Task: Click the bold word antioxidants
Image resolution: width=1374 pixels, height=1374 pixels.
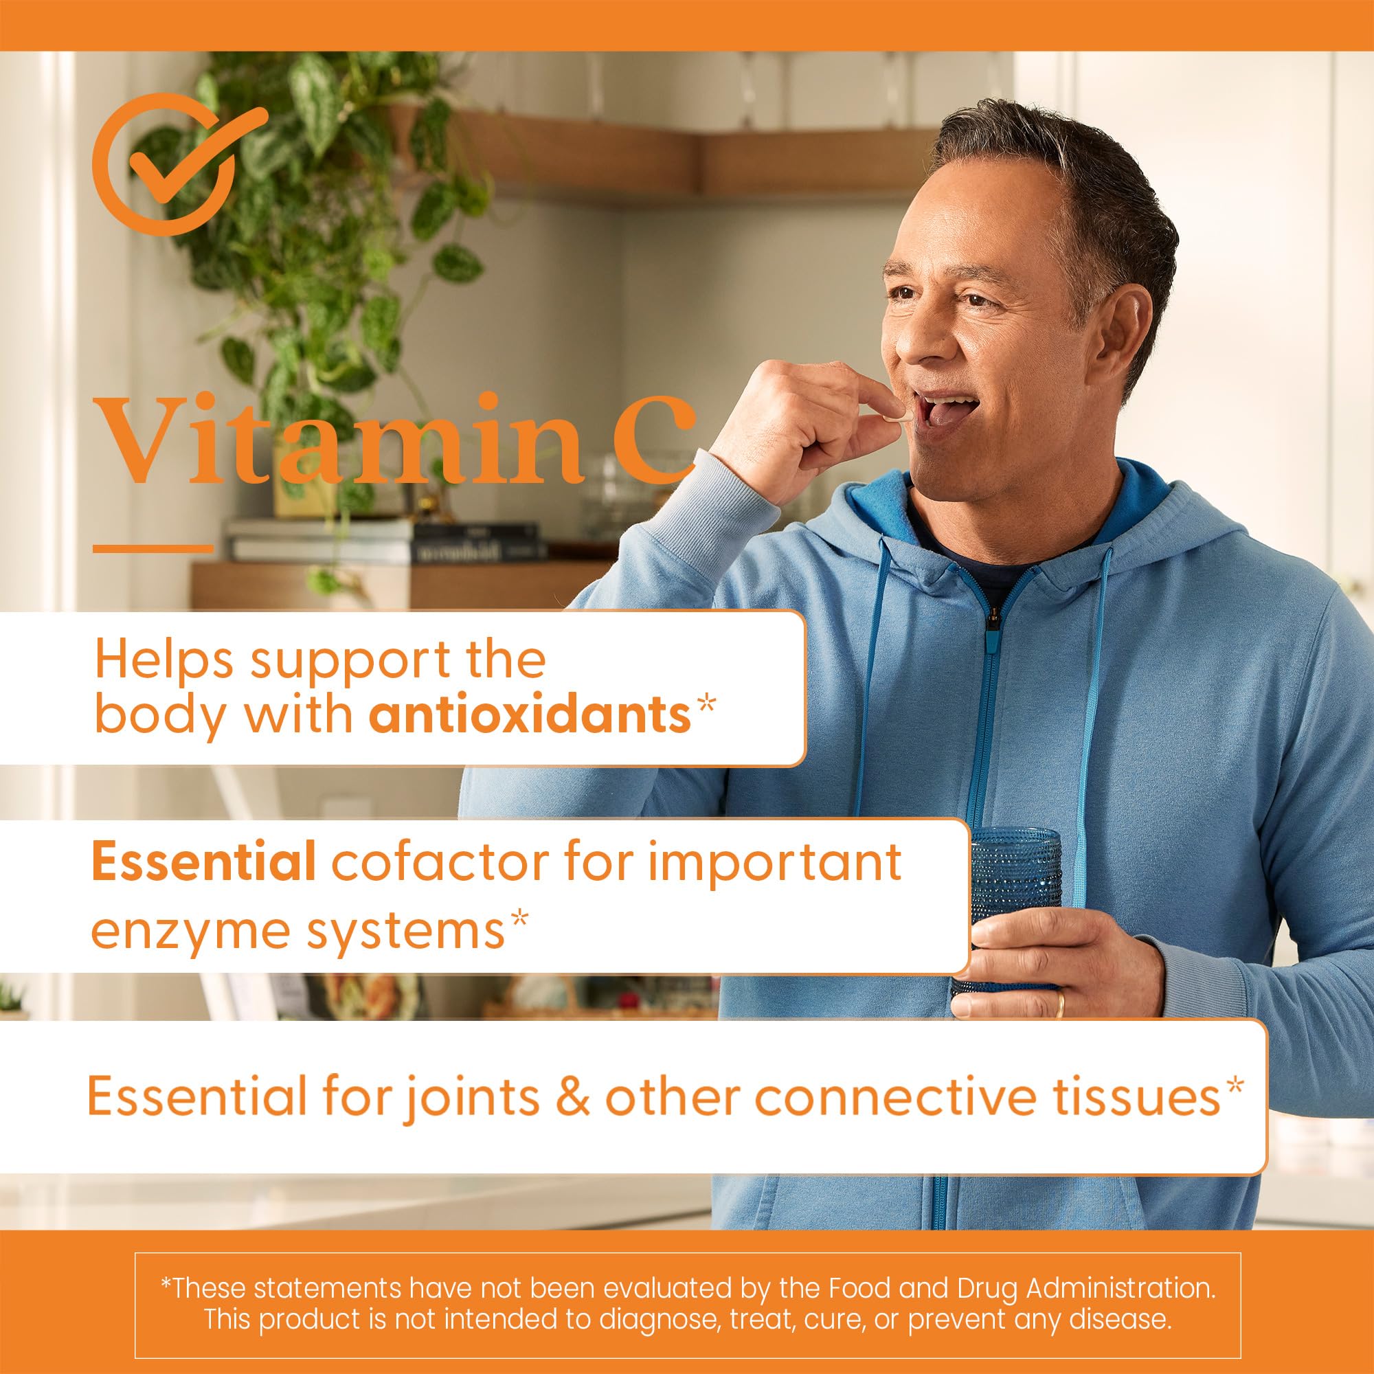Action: coord(530,716)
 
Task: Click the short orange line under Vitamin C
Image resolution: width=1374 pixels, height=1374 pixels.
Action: coord(153,548)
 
